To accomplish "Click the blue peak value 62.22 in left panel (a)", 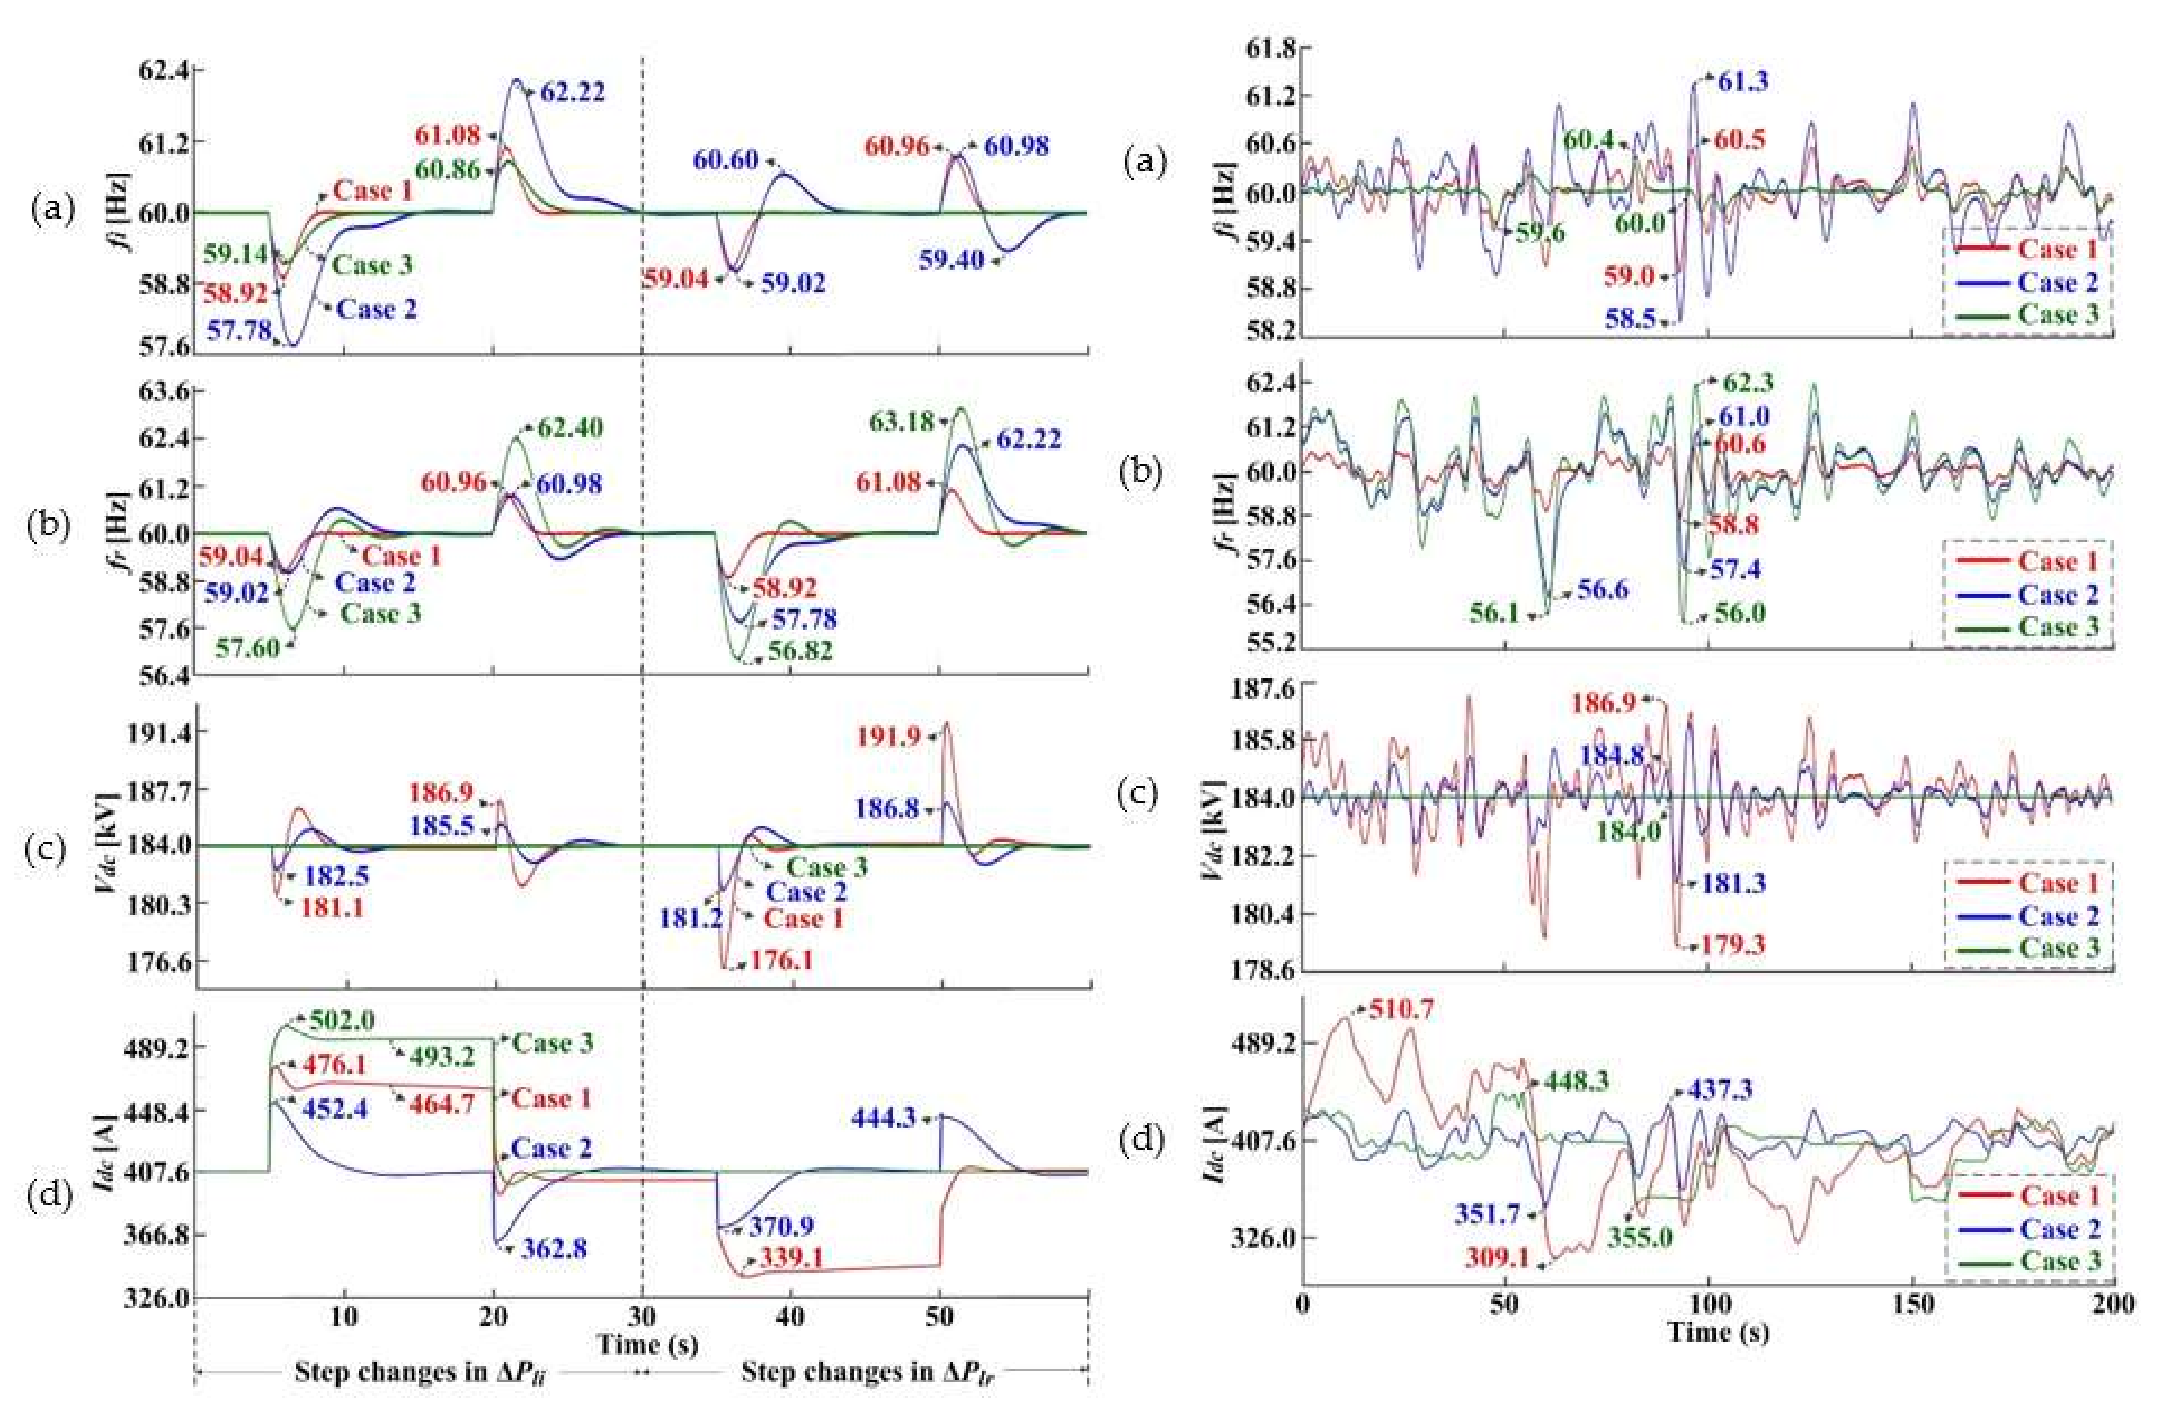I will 572,93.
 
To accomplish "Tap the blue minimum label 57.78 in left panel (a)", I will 240,330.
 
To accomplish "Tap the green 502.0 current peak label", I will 341,1020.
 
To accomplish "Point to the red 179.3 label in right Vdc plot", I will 1732,945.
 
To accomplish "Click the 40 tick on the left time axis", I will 791,1317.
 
